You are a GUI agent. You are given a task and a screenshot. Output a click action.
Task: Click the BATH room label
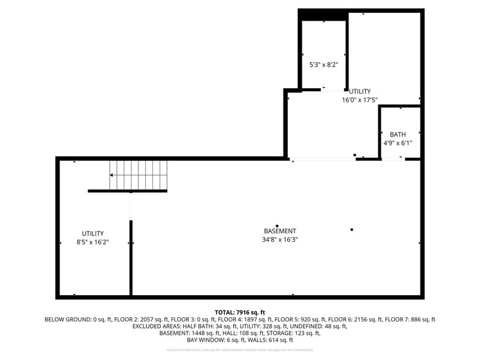click(x=398, y=135)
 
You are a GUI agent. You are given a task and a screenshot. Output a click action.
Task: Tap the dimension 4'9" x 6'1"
click(x=398, y=143)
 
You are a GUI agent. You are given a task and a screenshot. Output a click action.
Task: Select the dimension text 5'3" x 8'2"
click(x=323, y=64)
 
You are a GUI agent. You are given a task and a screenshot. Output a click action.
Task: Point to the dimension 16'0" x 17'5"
click(x=359, y=100)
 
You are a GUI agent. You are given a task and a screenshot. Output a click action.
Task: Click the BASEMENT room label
click(x=280, y=231)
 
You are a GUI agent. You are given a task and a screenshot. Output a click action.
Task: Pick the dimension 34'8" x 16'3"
click(x=280, y=239)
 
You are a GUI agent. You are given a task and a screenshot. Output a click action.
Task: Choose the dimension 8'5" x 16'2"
click(x=93, y=242)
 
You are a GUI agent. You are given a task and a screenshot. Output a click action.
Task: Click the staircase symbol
click(x=138, y=175)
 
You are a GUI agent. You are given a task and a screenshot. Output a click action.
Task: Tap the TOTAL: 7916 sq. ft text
click(x=240, y=312)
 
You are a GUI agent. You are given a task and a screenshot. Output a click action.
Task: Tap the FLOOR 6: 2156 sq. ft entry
click(x=355, y=320)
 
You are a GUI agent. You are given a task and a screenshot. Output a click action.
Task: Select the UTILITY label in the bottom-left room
click(x=93, y=233)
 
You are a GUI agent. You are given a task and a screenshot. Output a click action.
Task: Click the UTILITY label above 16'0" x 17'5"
click(x=360, y=91)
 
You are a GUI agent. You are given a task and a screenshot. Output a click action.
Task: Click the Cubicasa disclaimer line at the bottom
click(x=240, y=350)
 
